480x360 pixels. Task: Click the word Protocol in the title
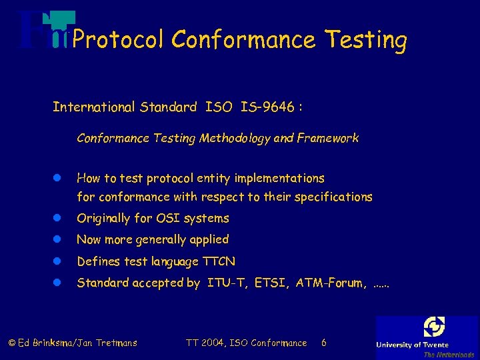(117, 40)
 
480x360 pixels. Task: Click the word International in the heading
(93, 107)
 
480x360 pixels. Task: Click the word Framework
(327, 139)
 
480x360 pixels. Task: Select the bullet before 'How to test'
(57, 179)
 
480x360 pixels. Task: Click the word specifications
(333, 197)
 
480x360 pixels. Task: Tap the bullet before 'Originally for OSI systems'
(57, 219)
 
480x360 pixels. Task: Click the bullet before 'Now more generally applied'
(57, 240)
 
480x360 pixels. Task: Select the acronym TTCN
(219, 261)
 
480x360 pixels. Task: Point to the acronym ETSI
(271, 283)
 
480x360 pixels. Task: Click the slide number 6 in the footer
(324, 343)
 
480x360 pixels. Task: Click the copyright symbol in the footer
(12, 343)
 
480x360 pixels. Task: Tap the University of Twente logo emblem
(434, 327)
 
